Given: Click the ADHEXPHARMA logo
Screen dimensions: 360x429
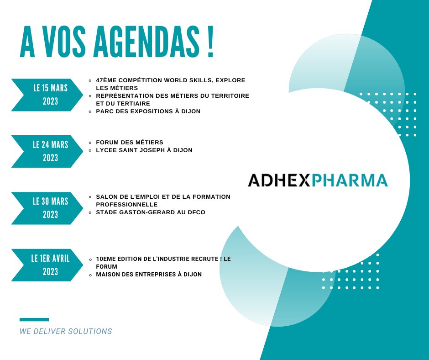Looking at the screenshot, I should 318,180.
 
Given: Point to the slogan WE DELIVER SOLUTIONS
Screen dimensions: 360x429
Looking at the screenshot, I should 66,331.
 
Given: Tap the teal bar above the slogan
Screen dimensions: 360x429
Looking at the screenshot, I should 34,319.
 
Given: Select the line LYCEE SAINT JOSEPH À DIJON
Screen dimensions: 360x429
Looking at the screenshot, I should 144,150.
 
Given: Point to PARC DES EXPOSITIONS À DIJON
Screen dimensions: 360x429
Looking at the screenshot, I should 148,111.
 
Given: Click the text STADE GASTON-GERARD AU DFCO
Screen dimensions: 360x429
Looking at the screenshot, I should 151,212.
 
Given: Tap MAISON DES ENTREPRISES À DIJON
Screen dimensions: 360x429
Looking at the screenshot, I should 149,275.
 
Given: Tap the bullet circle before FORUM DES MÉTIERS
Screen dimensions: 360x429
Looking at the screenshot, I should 91,142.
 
